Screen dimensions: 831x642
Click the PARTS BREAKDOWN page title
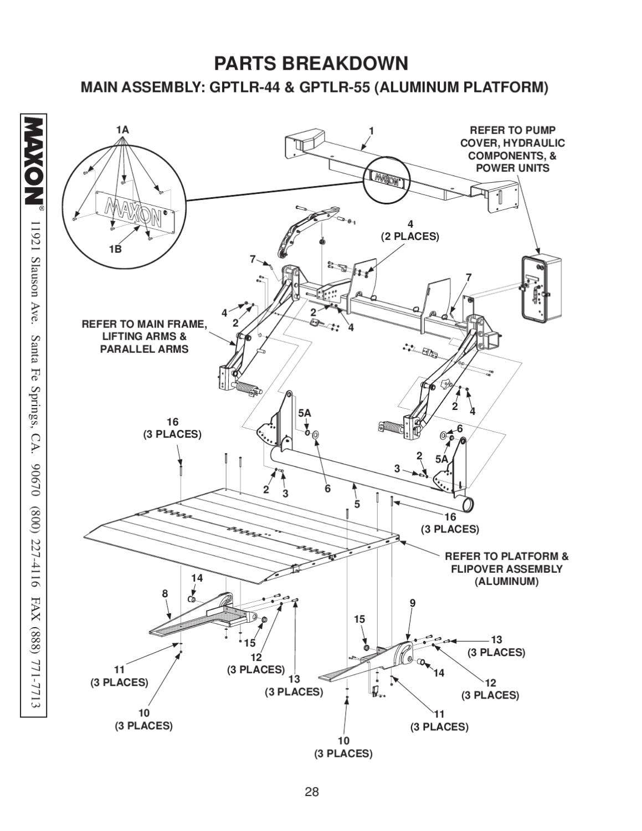tap(311, 64)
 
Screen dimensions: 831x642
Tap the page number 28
tap(312, 792)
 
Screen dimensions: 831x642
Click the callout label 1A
tap(122, 130)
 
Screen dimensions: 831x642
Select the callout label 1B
tap(115, 249)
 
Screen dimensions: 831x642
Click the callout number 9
tap(412, 603)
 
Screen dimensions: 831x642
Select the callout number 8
tap(165, 594)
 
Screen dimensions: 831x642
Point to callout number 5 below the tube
tap(357, 504)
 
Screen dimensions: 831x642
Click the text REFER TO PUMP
tap(512, 130)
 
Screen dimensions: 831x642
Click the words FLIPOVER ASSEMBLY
tap(506, 569)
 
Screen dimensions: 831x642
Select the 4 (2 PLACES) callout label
tap(410, 230)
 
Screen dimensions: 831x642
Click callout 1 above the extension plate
tap(372, 131)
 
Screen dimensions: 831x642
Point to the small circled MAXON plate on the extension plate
tap(386, 178)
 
